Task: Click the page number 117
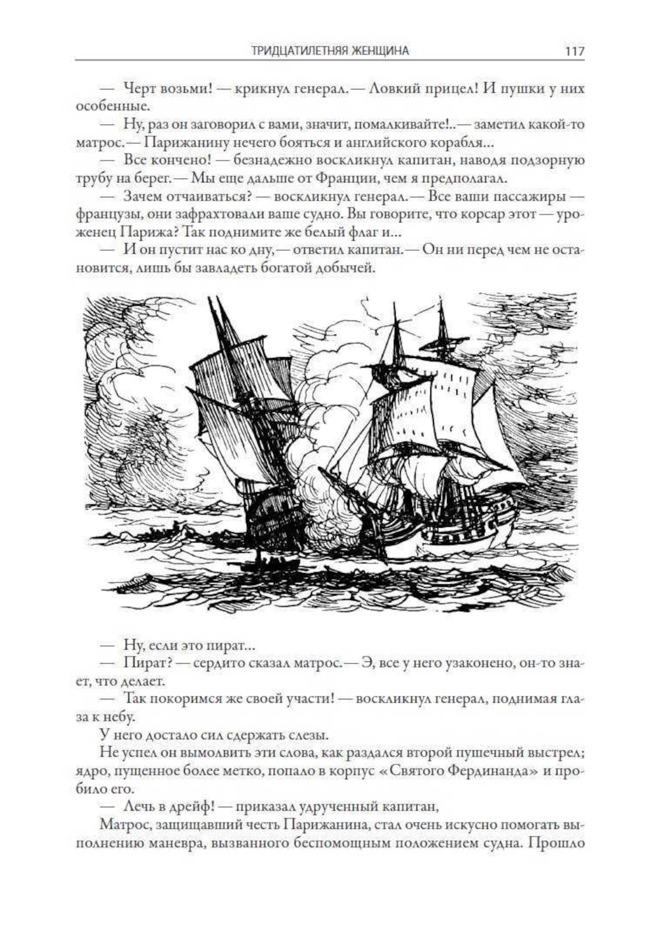(574, 51)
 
